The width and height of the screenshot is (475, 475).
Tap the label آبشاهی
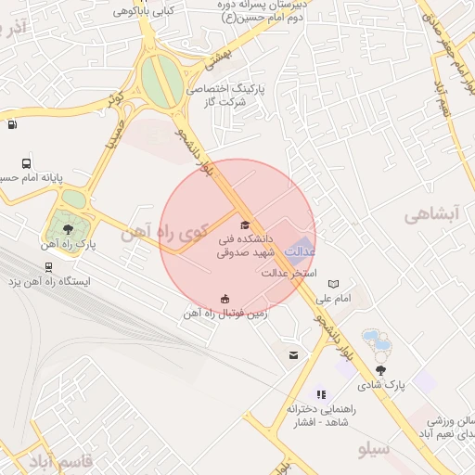point(432,214)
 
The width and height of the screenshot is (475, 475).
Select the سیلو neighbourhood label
point(375,449)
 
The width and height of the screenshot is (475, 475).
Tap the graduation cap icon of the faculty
point(245,225)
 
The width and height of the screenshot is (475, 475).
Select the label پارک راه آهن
point(69,244)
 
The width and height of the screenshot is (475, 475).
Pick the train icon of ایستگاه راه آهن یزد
point(48,266)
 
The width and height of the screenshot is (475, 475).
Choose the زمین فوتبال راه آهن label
point(226,314)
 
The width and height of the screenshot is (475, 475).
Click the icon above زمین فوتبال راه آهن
point(225,298)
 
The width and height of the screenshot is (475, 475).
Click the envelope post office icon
point(294,355)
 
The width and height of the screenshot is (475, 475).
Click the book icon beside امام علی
point(333,284)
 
